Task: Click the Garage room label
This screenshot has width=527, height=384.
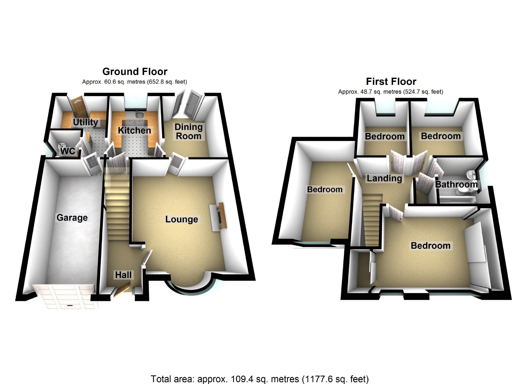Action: click(72, 217)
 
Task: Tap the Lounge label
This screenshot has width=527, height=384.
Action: click(181, 219)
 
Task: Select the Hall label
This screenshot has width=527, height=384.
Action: click(123, 275)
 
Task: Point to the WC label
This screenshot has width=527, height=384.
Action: click(68, 151)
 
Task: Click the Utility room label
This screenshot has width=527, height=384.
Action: click(85, 122)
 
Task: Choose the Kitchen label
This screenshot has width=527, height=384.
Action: click(134, 130)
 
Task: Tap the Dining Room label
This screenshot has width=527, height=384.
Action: click(188, 131)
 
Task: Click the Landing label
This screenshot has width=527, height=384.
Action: click(384, 178)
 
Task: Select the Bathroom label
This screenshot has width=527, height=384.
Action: click(456, 184)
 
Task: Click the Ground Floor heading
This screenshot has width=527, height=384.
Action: click(135, 71)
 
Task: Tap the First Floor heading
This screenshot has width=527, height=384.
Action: click(391, 82)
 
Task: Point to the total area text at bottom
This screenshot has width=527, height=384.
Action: click(259, 379)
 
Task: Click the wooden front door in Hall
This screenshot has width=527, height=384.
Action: click(121, 290)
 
